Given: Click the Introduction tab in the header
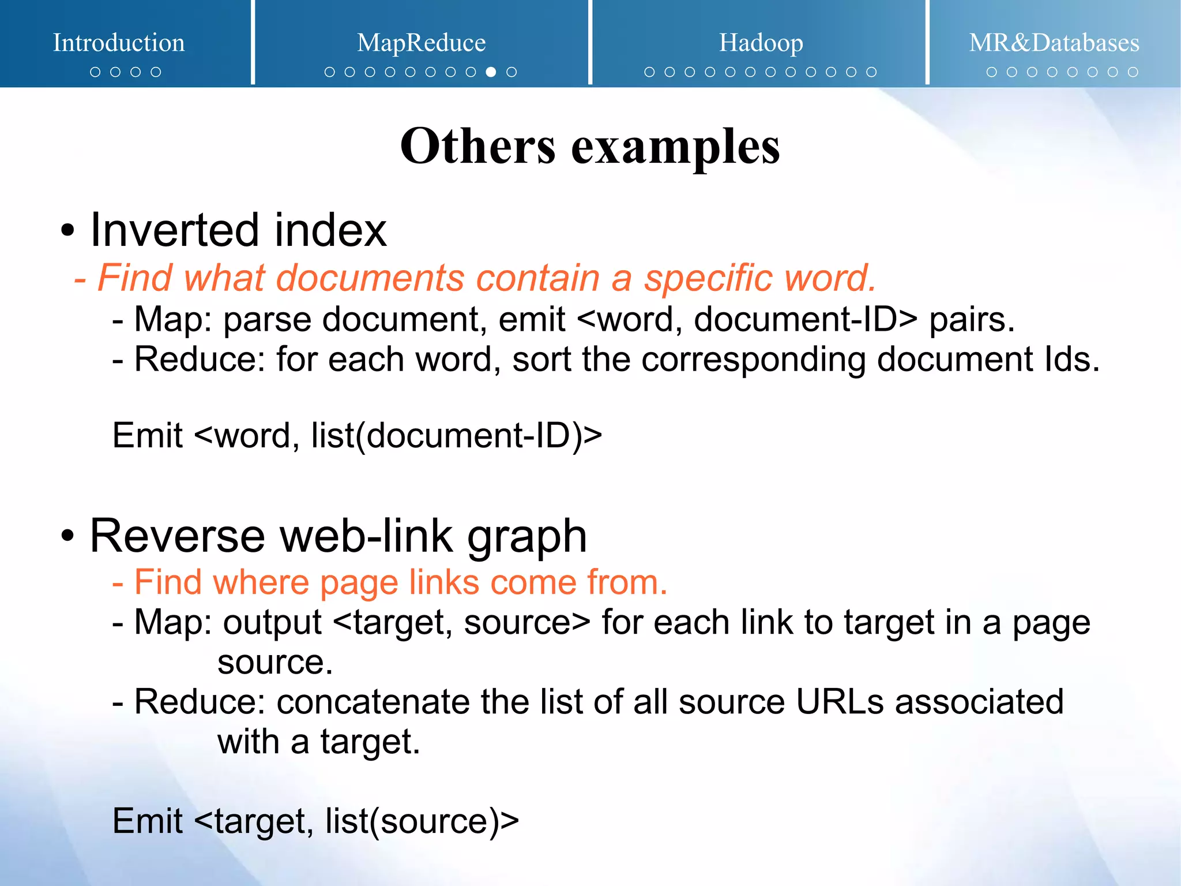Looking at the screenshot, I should click(119, 43).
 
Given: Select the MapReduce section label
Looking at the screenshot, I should click(421, 43).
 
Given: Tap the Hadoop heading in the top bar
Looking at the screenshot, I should click(761, 43).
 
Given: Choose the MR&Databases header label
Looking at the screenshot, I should click(1054, 43).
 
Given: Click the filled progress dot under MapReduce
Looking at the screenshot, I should click(491, 72).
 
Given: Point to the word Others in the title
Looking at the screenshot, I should click(477, 147).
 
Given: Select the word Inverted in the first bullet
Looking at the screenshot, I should click(175, 230).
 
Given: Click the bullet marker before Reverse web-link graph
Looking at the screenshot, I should click(67, 537).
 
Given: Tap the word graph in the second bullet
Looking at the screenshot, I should click(526, 537).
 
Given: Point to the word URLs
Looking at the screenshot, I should click(840, 702).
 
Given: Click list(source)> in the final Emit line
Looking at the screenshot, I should click(422, 821).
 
